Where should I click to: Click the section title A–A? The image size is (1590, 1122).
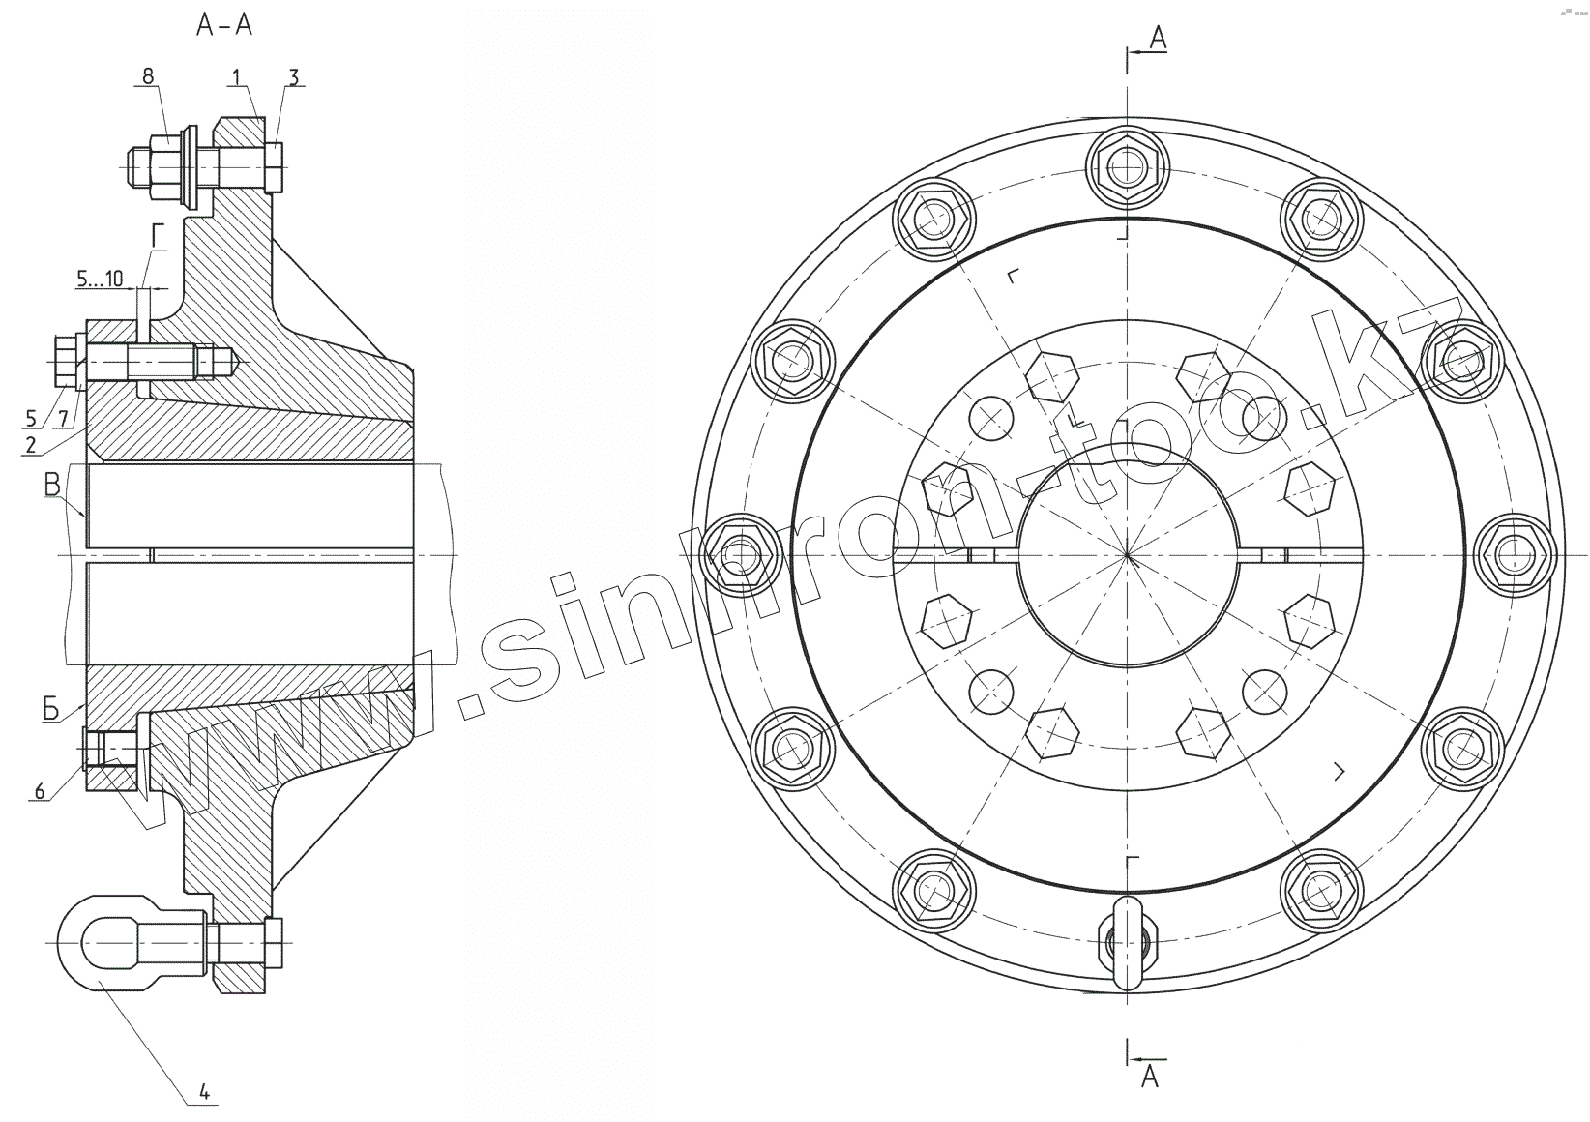click(224, 25)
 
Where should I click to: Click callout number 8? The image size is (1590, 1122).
click(148, 76)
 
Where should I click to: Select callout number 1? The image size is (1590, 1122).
click(236, 76)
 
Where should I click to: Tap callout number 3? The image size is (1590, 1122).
click(294, 76)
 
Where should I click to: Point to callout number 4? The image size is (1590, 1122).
click(204, 1091)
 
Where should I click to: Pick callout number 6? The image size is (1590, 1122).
click(40, 790)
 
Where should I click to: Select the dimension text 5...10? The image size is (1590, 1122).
click(100, 279)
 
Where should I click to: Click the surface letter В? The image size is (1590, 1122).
click(52, 486)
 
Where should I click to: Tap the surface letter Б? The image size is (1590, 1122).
click(50, 709)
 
